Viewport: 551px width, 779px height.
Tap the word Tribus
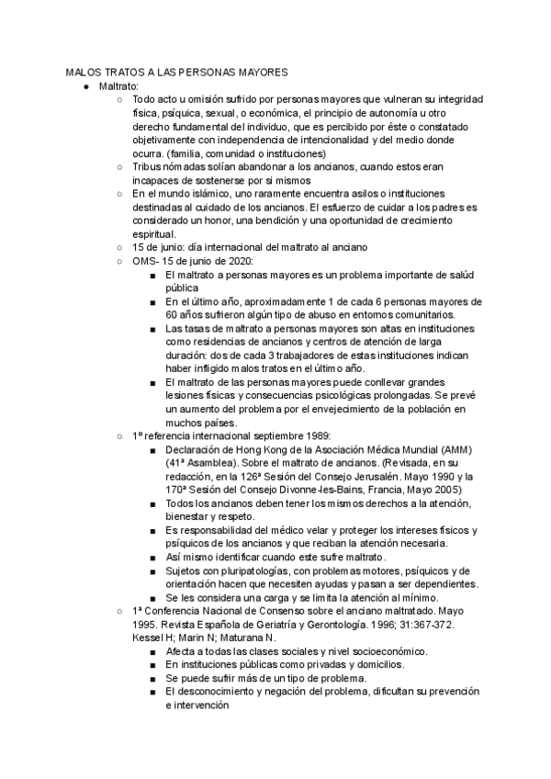coord(148,167)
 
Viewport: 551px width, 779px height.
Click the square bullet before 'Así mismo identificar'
coord(152,558)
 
